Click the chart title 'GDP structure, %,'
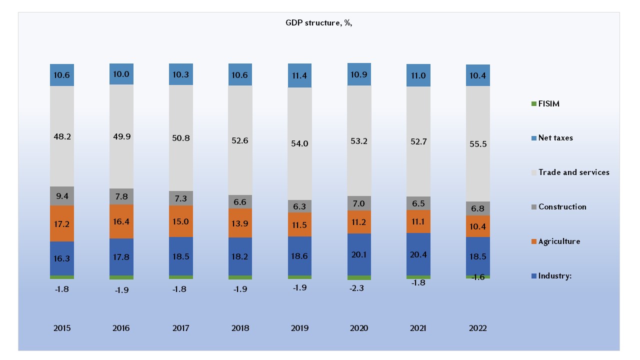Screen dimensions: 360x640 click(318, 23)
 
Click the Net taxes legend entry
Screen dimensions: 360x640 click(555, 138)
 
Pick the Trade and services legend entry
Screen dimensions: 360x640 click(573, 172)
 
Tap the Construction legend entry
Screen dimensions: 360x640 click(561, 207)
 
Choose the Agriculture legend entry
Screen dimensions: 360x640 click(558, 241)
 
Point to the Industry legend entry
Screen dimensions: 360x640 click(554, 276)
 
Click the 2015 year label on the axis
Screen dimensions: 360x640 click(62, 328)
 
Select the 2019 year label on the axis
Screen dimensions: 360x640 click(299, 328)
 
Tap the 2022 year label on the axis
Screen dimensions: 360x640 click(477, 328)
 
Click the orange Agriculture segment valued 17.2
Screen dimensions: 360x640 click(62, 223)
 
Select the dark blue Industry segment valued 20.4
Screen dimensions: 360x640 click(418, 254)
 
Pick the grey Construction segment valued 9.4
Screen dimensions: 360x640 click(62, 195)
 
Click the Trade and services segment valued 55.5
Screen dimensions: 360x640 click(477, 143)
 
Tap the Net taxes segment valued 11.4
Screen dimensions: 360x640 click(299, 75)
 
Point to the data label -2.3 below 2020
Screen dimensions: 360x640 click(359, 288)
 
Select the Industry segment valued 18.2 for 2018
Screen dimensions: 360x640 click(240, 256)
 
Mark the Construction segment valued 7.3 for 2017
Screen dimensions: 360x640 click(181, 198)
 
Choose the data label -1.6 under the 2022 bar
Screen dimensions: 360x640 click(477, 277)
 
